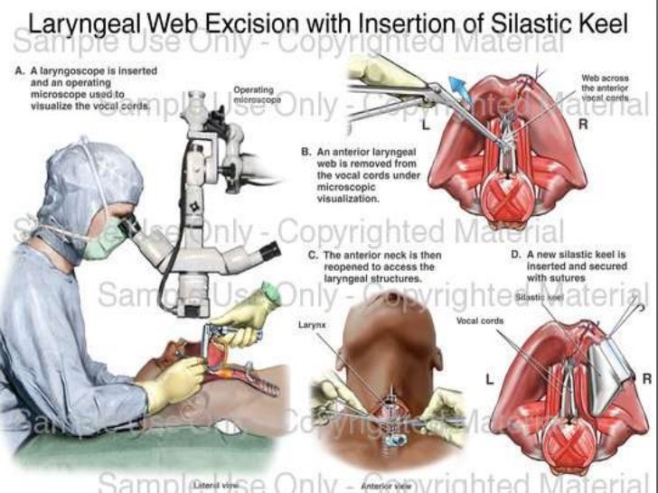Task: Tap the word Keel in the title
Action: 598,24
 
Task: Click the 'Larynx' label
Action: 311,321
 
